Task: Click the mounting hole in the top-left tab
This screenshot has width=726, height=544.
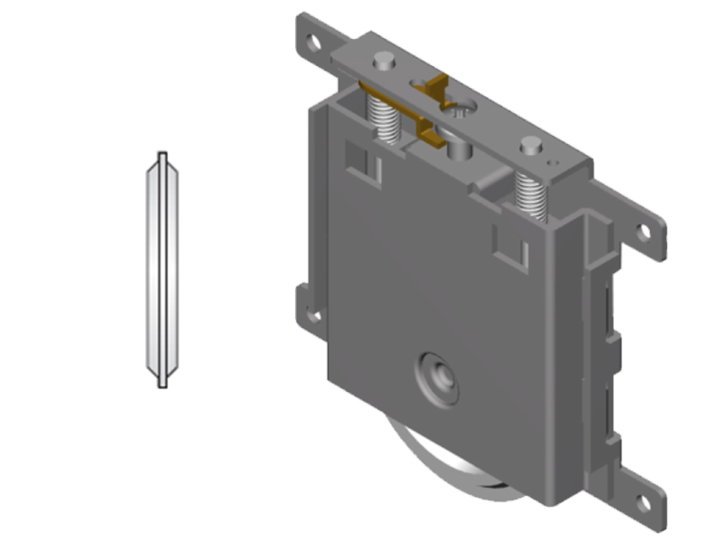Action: [x=312, y=42]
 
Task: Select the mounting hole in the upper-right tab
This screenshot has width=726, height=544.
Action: [x=644, y=231]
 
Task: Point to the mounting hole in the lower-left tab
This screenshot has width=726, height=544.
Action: [x=313, y=315]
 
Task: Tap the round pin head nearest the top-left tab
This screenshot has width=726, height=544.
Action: [x=384, y=61]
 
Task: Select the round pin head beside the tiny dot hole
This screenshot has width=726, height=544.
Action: [x=531, y=143]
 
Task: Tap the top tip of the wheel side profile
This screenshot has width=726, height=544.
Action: [x=162, y=154]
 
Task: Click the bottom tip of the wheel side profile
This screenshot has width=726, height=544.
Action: [x=162, y=384]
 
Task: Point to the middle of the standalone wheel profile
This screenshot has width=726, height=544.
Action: [x=162, y=269]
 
